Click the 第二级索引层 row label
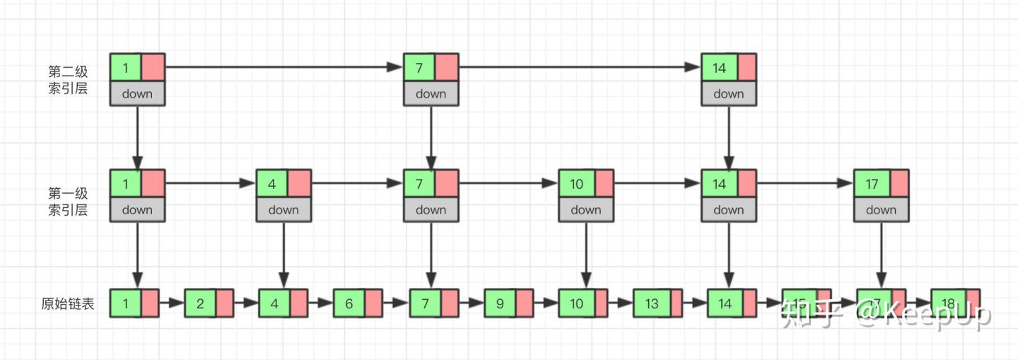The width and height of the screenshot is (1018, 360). [x=68, y=80]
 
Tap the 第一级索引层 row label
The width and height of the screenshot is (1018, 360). [x=68, y=201]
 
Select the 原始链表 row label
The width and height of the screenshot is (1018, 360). [x=68, y=304]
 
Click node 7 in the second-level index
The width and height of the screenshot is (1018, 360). [x=419, y=68]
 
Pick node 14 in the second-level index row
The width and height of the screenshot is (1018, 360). [x=719, y=68]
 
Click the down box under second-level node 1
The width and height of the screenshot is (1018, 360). [x=137, y=93]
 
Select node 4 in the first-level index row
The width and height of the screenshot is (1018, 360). [x=272, y=184]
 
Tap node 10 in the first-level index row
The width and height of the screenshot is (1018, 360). [x=576, y=184]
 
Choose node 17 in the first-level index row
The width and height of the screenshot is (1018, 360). [x=872, y=184]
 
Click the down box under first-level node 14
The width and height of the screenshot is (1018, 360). [x=728, y=209]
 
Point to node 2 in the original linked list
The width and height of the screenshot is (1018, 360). [x=200, y=304]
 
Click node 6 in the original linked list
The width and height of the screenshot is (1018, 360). [x=349, y=304]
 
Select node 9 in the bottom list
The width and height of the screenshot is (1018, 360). [x=500, y=304]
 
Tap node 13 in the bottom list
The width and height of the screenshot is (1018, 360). [x=651, y=304]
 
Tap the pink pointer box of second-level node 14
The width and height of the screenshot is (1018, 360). [x=747, y=68]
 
